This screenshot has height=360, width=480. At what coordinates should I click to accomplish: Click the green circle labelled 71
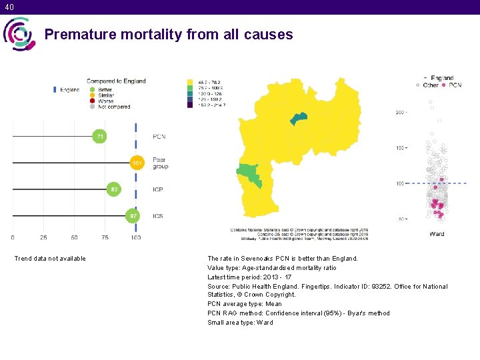(99, 137)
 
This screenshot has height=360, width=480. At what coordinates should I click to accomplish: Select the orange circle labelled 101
(137, 163)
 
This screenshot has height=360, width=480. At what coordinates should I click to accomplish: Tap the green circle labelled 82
(115, 189)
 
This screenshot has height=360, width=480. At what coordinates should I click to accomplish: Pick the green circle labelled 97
(133, 215)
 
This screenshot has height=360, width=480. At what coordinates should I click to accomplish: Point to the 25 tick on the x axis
(44, 237)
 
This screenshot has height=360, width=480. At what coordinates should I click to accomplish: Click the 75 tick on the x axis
(105, 237)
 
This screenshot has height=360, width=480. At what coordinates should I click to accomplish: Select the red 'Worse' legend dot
(93, 101)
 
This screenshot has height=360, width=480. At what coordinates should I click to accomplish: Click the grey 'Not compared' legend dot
(93, 107)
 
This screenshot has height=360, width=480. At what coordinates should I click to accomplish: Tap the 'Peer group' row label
(160, 163)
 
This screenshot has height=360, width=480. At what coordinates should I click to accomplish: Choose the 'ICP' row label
(158, 190)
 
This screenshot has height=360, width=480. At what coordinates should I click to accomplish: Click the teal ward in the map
(298, 119)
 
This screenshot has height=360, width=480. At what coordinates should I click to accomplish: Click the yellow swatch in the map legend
(190, 82)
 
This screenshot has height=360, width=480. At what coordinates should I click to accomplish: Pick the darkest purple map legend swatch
(190, 105)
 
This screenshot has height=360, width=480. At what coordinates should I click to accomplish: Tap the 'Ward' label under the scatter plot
(437, 234)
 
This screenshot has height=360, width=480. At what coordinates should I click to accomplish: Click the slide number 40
(8, 7)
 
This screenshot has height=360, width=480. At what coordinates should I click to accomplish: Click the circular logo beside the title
(18, 34)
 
